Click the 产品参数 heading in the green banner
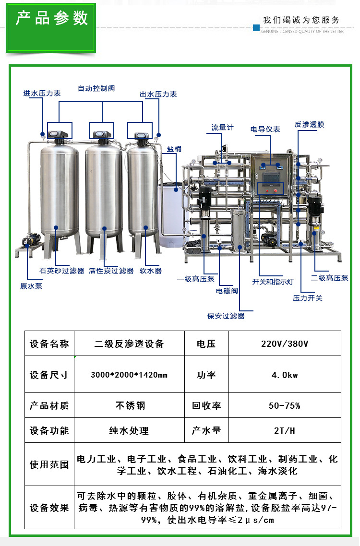click(x=51, y=18)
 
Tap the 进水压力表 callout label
click(x=42, y=94)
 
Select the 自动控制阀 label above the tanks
click(x=96, y=88)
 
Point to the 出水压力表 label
click(x=158, y=94)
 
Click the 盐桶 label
click(x=174, y=149)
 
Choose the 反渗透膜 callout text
click(x=310, y=125)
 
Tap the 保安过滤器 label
click(x=226, y=316)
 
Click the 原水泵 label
click(x=31, y=286)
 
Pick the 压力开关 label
click(x=307, y=298)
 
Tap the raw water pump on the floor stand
click(x=31, y=240)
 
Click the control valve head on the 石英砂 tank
click(x=58, y=134)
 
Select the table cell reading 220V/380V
click(x=285, y=344)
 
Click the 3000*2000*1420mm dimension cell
click(x=129, y=375)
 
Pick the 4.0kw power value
click(x=285, y=375)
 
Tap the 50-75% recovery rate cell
click(x=284, y=406)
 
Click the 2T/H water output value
click(x=284, y=431)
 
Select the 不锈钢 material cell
click(x=130, y=406)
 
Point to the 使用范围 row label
click(x=49, y=464)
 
